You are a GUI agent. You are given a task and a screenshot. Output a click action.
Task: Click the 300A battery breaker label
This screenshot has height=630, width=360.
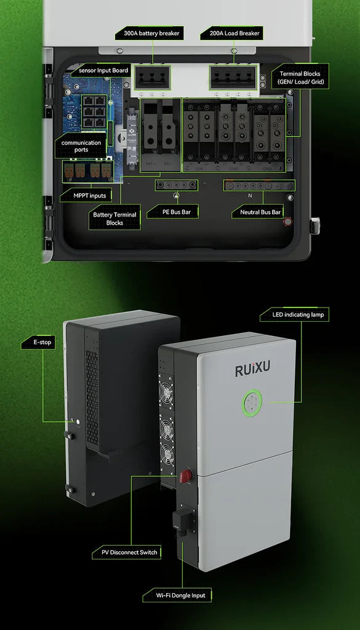[x=150, y=33]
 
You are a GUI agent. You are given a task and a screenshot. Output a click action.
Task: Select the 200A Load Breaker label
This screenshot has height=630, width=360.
[x=231, y=33]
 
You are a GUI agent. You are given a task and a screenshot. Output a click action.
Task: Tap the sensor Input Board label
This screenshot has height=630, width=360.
[x=101, y=70]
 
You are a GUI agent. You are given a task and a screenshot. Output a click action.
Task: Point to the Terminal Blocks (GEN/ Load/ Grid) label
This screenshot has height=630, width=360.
[x=300, y=78]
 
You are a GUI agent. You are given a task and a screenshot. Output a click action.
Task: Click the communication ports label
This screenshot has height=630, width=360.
[x=81, y=146]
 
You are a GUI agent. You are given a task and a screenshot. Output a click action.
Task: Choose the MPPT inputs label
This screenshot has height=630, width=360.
[x=90, y=196]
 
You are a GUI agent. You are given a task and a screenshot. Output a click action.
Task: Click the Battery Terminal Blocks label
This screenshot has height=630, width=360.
[x=114, y=218]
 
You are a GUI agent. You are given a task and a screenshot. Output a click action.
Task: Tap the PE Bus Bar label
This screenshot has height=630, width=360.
[x=172, y=212]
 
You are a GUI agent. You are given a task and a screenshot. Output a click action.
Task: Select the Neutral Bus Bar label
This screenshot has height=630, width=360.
[x=258, y=212]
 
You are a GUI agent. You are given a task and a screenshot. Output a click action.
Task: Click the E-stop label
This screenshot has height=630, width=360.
[x=38, y=342]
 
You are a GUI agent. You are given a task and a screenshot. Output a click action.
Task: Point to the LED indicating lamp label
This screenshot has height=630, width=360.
[x=295, y=314]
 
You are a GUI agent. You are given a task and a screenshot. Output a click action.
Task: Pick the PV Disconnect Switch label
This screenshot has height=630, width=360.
[x=126, y=552]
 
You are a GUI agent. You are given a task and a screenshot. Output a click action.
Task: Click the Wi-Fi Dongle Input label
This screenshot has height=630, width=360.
[x=177, y=595]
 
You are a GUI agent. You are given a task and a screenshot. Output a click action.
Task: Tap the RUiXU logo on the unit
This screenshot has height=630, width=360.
[x=253, y=369]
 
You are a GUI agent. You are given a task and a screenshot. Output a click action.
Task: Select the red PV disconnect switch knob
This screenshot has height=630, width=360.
[x=186, y=476]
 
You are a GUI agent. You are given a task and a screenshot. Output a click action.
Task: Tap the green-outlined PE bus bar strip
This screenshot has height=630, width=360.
[x=177, y=185]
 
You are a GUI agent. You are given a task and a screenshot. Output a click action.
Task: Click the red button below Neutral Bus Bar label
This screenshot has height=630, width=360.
[x=287, y=221]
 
